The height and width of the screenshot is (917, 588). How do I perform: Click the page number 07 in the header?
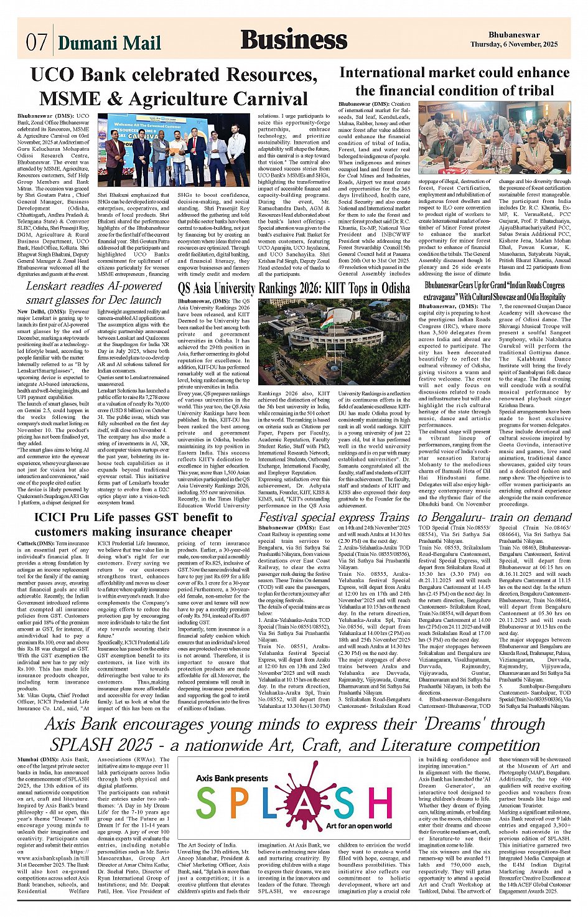pyautogui.click(x=36, y=42)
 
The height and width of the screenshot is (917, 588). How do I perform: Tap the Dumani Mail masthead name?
pyautogui.click(x=110, y=42)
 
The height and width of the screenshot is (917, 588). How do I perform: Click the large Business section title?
pyautogui.click(x=294, y=40)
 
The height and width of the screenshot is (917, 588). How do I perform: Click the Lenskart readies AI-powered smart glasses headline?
pyautogui.click(x=93, y=293)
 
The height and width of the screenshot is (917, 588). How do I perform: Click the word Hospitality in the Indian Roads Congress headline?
pyautogui.click(x=526, y=297)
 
